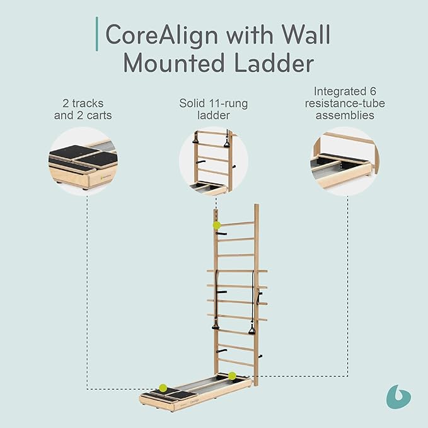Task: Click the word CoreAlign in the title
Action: click(161, 35)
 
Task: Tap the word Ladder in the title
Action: click(274, 63)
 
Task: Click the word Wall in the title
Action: click(306, 35)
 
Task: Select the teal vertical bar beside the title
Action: click(97, 34)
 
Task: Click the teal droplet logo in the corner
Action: click(398, 396)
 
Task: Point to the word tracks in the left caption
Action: click(88, 103)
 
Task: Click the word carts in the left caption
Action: click(99, 115)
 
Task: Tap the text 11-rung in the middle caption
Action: click(228, 104)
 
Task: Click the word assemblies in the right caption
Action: click(345, 115)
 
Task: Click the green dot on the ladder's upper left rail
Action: click(217, 225)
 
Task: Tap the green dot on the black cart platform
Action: click(163, 388)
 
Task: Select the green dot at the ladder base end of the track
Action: click(232, 376)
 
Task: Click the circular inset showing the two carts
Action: click(83, 161)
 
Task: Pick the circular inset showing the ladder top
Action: click(214, 161)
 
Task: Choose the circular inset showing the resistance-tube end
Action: click(344, 161)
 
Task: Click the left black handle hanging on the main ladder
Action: click(216, 326)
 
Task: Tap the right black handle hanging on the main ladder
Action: click(252, 330)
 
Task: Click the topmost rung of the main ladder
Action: click(238, 224)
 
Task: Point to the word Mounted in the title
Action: click(174, 63)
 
